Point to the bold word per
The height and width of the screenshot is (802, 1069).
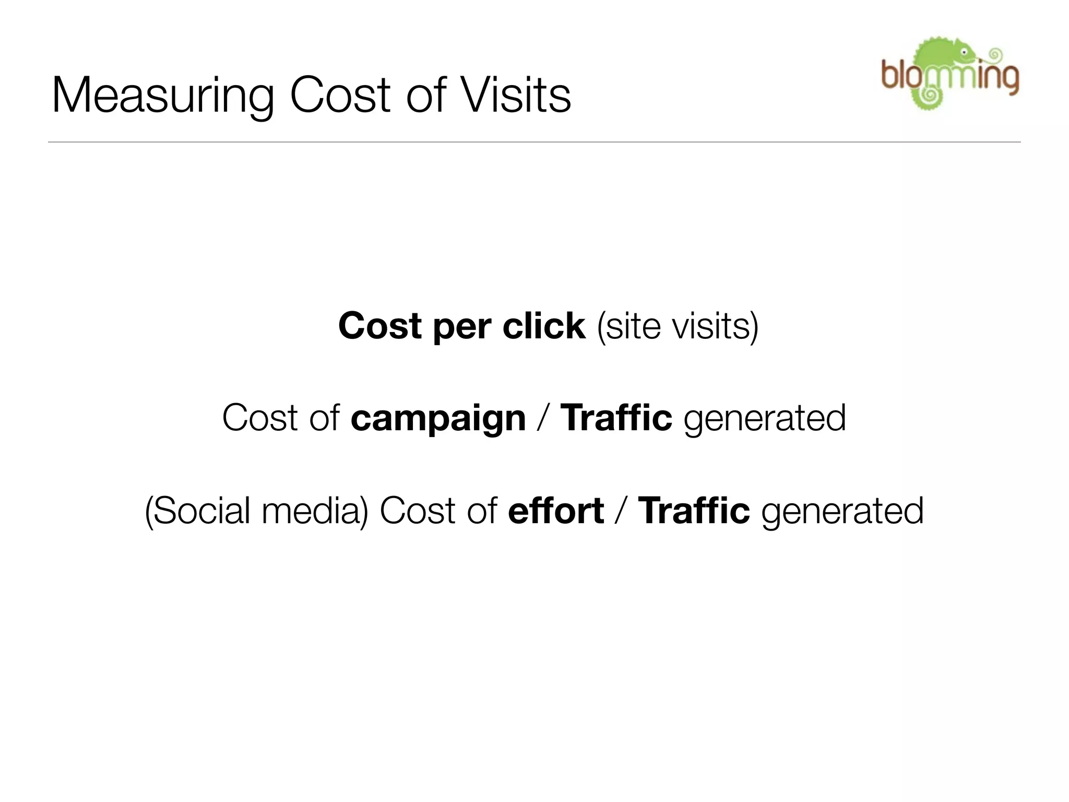461,328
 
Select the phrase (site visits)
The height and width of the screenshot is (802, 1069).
678,327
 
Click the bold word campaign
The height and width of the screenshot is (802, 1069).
438,419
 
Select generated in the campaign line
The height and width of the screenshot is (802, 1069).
765,419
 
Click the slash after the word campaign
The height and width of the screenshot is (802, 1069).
543,419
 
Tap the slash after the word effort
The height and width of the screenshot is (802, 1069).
621,511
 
